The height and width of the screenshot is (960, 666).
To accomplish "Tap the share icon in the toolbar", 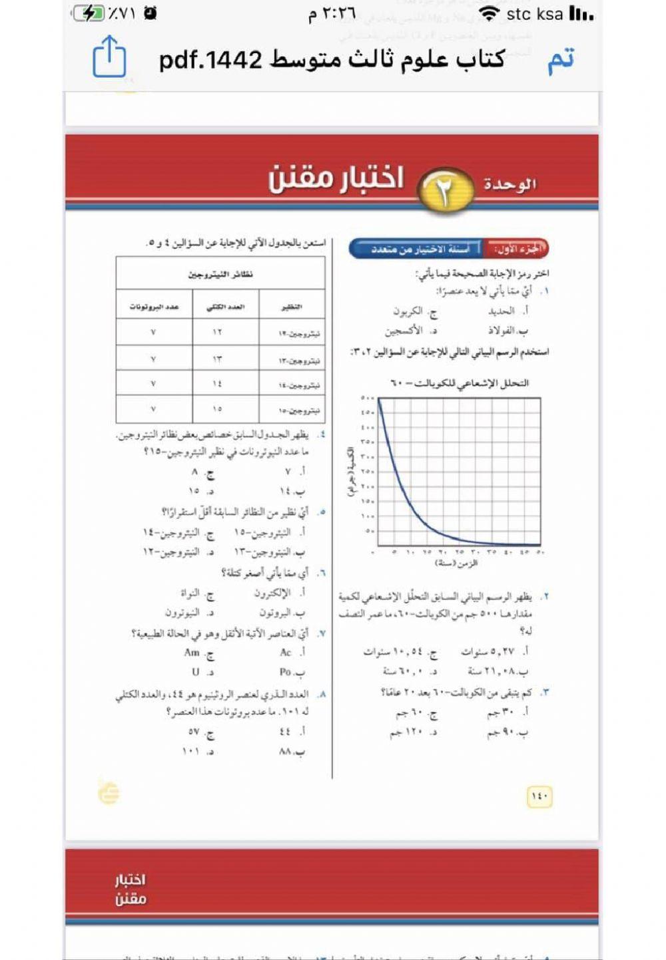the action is tap(109, 57).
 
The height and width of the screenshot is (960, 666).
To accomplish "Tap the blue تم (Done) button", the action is tap(561, 60).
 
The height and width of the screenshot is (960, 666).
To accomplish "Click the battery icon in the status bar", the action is tap(89, 13).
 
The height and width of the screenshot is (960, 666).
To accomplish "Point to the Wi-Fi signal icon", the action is tap(490, 14).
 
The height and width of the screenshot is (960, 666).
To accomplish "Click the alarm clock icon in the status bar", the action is tap(150, 13).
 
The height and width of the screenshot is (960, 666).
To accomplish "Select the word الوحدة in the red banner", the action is tap(509, 184).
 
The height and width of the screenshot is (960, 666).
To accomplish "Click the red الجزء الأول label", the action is tap(517, 249).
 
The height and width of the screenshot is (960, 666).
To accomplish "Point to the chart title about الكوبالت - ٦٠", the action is tap(459, 383).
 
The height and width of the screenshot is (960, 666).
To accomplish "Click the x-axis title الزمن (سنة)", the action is tap(457, 563).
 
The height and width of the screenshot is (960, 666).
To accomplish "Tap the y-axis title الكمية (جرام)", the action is tap(350, 472).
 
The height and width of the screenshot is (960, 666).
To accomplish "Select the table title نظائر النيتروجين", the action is tap(220, 274).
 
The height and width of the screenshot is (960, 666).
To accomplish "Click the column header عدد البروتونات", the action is tap(154, 307).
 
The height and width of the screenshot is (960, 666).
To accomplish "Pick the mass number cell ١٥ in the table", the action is tap(217, 408).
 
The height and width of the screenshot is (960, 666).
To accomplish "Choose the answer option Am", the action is tap(192, 653).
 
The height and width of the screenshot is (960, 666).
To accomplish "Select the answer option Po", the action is tap(286, 672).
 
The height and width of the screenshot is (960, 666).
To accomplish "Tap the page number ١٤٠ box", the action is tap(539, 796).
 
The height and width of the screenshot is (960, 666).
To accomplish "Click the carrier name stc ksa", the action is tap(534, 14).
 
